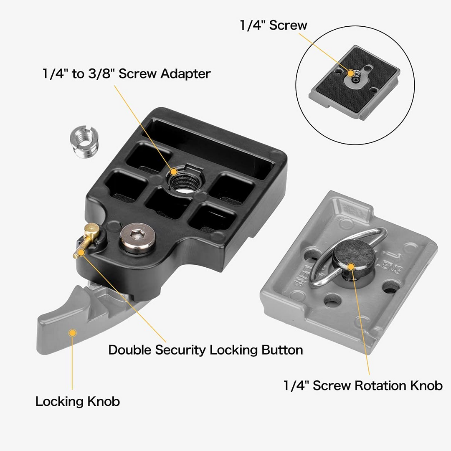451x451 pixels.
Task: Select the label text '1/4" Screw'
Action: (274, 25)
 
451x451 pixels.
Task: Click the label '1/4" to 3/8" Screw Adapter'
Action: (127, 74)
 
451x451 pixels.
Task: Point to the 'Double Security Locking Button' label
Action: (205, 350)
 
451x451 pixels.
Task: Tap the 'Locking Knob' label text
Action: (78, 401)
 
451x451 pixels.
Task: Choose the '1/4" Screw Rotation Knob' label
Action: (363, 385)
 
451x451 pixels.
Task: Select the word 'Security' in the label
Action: (181, 350)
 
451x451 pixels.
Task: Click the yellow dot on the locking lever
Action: (73, 333)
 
